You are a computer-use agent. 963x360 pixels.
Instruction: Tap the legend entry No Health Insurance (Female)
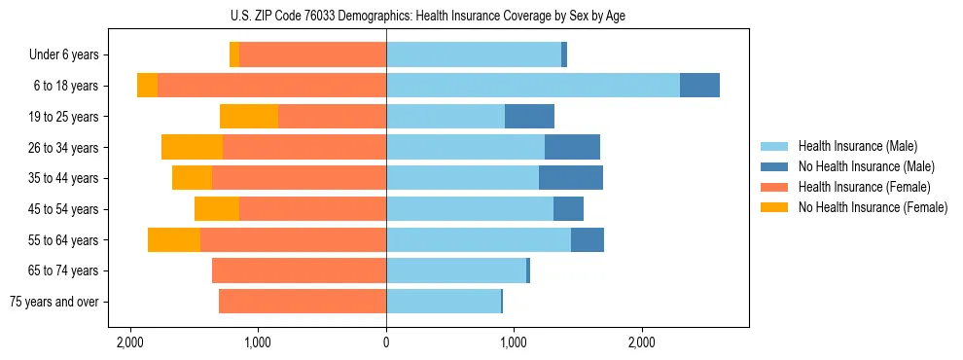pyautogui.click(x=873, y=207)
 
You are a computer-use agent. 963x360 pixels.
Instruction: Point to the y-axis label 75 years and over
pyautogui.click(x=54, y=302)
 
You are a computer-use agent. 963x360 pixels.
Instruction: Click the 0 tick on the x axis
pyautogui.click(x=386, y=342)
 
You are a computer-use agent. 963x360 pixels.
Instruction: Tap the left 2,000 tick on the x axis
pyautogui.click(x=130, y=342)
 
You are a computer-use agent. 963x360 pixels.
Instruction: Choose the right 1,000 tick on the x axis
pyautogui.click(x=514, y=342)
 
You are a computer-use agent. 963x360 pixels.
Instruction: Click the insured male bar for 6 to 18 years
pyautogui.click(x=533, y=86)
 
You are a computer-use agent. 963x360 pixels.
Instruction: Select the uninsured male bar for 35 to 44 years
pyautogui.click(x=571, y=178)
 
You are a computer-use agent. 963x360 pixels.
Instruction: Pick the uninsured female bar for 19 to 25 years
pyautogui.click(x=249, y=117)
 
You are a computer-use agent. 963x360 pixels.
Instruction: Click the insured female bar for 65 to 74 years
pyautogui.click(x=299, y=270)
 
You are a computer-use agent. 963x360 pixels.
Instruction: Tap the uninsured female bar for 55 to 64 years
pyautogui.click(x=174, y=239)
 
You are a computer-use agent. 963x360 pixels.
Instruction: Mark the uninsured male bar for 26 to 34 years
pyautogui.click(x=572, y=147)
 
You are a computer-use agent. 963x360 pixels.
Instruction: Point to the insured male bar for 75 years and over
pyautogui.click(x=444, y=302)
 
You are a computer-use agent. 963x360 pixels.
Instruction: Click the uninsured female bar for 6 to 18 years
pyautogui.click(x=147, y=86)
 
